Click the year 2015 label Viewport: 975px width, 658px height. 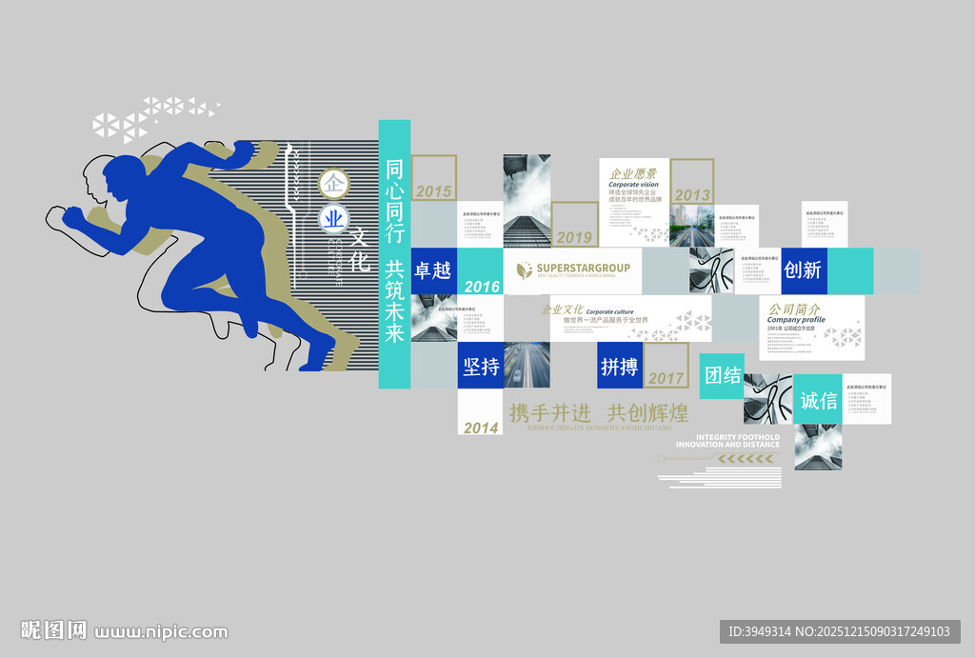(x=433, y=191)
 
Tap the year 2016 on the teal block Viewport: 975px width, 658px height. (x=482, y=286)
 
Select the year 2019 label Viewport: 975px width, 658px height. (x=574, y=237)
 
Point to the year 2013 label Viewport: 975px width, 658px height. (x=692, y=194)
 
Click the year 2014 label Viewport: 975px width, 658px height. (x=481, y=428)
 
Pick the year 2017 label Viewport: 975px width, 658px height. (x=667, y=378)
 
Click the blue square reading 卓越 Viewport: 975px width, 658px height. (x=432, y=270)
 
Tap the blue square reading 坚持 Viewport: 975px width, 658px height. (x=481, y=366)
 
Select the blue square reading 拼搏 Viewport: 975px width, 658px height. (x=620, y=366)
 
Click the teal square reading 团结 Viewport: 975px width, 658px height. (x=723, y=375)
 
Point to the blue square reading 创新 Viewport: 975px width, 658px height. (x=803, y=270)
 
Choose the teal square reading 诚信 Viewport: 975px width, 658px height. (x=819, y=400)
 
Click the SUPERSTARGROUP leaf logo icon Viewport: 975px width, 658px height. (x=524, y=270)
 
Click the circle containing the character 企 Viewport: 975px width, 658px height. (x=333, y=181)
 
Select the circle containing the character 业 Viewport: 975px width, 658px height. (x=333, y=219)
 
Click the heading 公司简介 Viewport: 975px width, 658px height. (x=796, y=309)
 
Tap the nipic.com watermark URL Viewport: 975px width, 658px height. (x=162, y=631)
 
